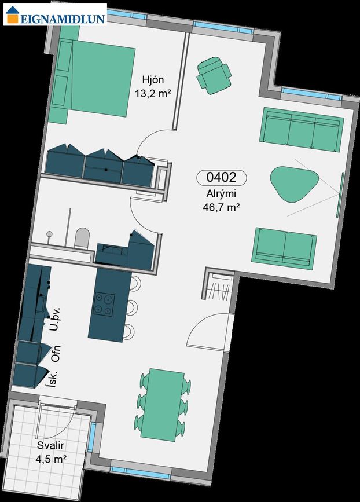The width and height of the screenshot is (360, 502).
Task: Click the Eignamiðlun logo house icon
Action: point(12,15)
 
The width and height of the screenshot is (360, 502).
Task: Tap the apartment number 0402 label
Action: point(222,177)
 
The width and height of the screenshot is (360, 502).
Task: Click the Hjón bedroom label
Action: point(153,80)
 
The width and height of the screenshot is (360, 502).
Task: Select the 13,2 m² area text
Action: point(152,94)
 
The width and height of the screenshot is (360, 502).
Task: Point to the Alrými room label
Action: point(221,194)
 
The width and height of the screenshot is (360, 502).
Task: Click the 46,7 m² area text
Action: point(221,207)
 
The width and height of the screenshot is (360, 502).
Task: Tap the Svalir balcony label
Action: point(50,445)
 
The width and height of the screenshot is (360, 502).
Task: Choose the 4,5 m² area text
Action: point(51,459)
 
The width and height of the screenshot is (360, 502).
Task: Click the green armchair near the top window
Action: point(214,75)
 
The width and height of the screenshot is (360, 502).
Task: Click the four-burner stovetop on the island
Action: point(104,305)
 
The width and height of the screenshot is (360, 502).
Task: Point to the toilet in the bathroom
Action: point(82,237)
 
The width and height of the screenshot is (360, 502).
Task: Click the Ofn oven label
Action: point(56,354)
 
